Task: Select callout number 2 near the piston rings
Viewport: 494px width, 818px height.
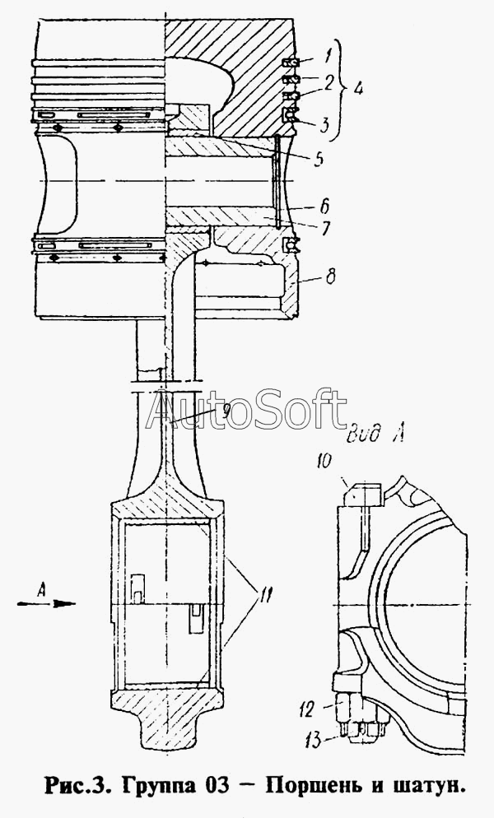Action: click(328, 83)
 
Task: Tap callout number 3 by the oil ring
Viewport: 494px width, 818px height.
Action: click(324, 125)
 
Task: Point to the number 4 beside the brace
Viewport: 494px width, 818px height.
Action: click(357, 89)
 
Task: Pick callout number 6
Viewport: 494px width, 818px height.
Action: click(324, 207)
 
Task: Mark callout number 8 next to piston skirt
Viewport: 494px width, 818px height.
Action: click(330, 276)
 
